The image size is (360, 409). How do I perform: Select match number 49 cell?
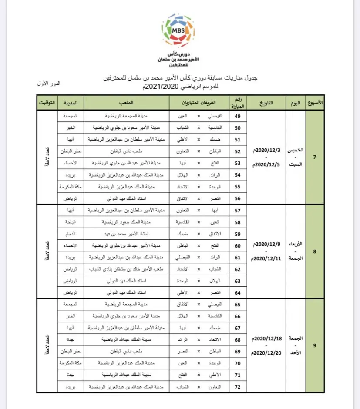pyautogui.click(x=237, y=117)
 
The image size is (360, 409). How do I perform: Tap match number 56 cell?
pyautogui.click(x=237, y=198)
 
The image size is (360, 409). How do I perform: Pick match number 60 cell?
pyautogui.click(x=237, y=245)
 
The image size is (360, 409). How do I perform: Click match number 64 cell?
pyautogui.click(x=237, y=292)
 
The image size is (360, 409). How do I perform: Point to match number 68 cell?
pyautogui.click(x=237, y=339)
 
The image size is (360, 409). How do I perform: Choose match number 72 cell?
pyautogui.click(x=237, y=386)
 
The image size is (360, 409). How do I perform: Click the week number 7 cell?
pyautogui.click(x=315, y=157)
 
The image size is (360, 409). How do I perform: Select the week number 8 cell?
pyautogui.click(x=315, y=251)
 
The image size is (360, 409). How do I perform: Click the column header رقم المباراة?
pyautogui.click(x=237, y=103)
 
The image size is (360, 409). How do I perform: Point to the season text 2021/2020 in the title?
pyautogui.click(x=161, y=87)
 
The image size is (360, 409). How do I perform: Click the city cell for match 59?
pyautogui.click(x=71, y=233)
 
